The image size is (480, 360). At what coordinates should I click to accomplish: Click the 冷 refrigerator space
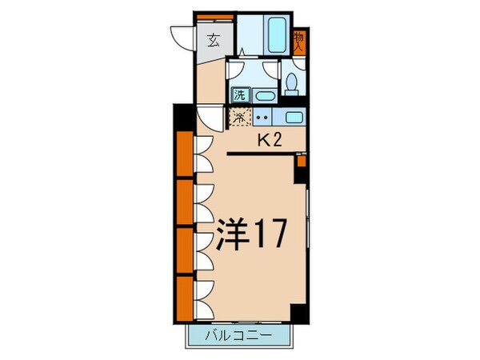pos(238,118)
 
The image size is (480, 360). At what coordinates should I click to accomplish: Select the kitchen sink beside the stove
pos(294,117)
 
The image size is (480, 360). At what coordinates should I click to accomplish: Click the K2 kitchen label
pos(268,141)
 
